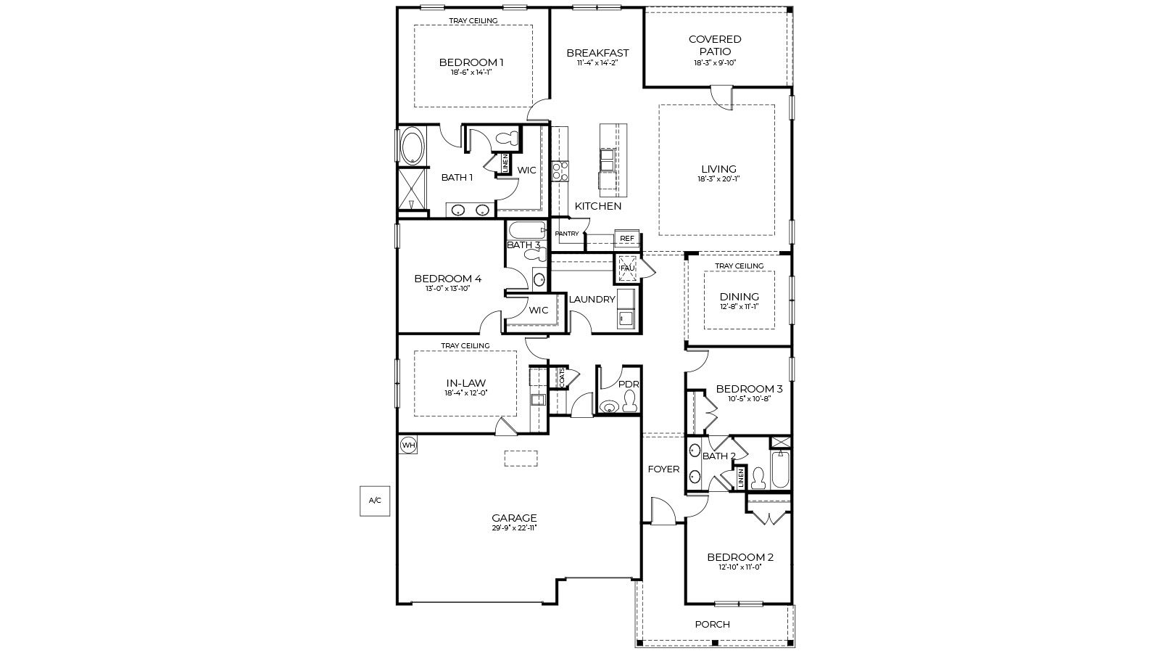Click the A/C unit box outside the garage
pyautogui.click(x=375, y=501)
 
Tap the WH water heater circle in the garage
pyautogui.click(x=408, y=445)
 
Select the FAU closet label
pyautogui.click(x=627, y=268)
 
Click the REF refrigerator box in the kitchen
pyautogui.click(x=626, y=239)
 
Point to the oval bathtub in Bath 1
pyautogui.click(x=413, y=146)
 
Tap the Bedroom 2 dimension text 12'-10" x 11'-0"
pyautogui.click(x=739, y=567)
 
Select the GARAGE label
pyautogui.click(x=514, y=517)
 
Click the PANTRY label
pyautogui.click(x=567, y=234)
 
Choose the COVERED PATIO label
pyautogui.click(x=715, y=45)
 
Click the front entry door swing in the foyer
pyautogui.click(x=662, y=511)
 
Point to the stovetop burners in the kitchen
pyautogui.click(x=560, y=171)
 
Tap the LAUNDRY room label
pyautogui.click(x=592, y=299)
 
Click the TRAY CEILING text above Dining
pyautogui.click(x=739, y=266)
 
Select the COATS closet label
pyautogui.click(x=561, y=378)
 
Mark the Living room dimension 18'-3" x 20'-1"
pyautogui.click(x=718, y=178)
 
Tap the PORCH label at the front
pyautogui.click(x=712, y=624)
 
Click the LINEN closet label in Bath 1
pyautogui.click(x=505, y=164)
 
